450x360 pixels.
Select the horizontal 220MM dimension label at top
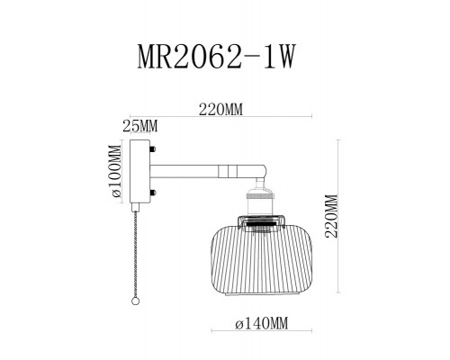221,111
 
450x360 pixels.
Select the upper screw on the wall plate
155,152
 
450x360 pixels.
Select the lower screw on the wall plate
155,193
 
